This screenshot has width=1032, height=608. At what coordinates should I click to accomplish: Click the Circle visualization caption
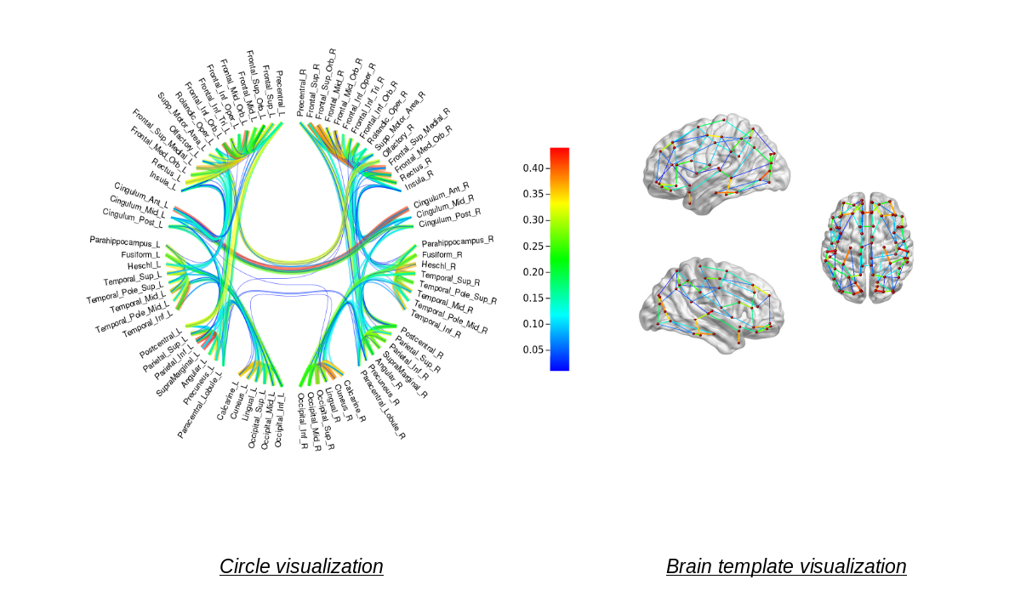click(x=301, y=566)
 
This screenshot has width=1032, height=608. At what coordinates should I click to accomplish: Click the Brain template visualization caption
click(x=786, y=566)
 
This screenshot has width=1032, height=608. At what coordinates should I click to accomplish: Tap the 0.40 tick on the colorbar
click(x=533, y=168)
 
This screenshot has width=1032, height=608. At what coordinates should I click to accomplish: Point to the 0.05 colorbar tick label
click(x=533, y=349)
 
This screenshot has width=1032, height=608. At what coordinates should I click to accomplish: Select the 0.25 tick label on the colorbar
click(x=533, y=247)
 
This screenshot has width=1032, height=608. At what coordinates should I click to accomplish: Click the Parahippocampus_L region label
click(x=125, y=241)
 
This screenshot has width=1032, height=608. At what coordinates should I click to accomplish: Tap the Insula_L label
click(x=163, y=180)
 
